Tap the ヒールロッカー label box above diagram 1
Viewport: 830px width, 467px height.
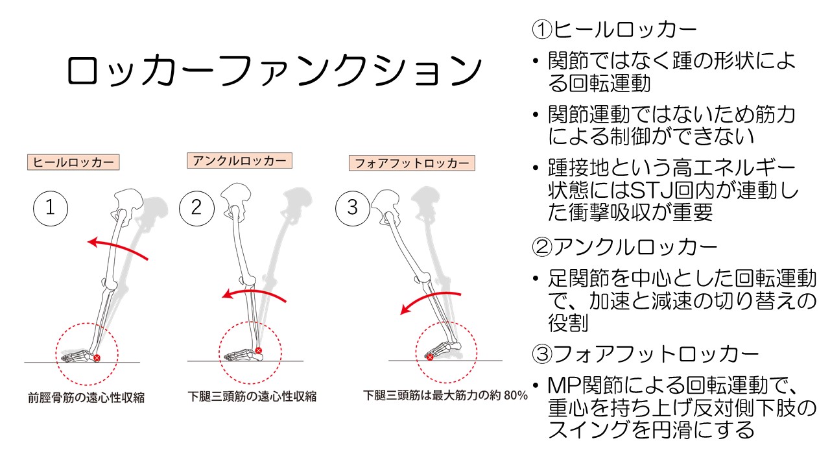coord(73,162)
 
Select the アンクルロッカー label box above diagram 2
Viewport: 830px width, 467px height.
coord(239,160)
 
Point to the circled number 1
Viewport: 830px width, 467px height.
coord(51,208)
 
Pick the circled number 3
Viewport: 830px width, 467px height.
coord(352,208)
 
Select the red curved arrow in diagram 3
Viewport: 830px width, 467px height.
coord(428,300)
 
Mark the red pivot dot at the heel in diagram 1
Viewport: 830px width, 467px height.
coord(97,357)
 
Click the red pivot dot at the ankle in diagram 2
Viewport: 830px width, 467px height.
coord(258,351)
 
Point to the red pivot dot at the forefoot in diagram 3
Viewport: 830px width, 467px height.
coord(429,357)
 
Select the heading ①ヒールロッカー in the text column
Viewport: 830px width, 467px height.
coord(613,30)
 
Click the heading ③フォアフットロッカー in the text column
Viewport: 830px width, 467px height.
coord(645,354)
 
